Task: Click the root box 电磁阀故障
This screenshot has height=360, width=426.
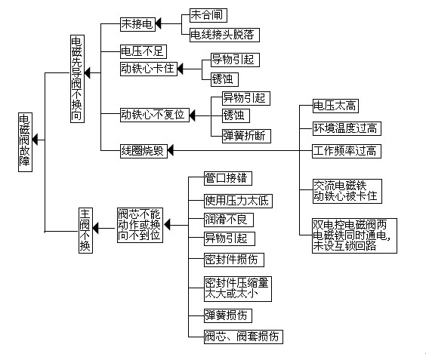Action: point(25,142)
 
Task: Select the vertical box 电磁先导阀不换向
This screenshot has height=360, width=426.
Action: point(78,78)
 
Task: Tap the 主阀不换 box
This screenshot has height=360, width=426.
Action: point(85,230)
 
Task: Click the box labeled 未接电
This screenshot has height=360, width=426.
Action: point(137,24)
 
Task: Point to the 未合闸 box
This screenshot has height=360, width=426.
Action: point(208,15)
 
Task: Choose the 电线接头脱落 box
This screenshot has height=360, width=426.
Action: point(224,35)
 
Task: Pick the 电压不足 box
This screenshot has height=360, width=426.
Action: point(144,51)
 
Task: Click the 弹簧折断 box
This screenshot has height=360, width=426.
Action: point(246,136)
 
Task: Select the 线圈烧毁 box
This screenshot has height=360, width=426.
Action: point(144,151)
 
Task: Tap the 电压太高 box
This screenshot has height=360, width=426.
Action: point(335,106)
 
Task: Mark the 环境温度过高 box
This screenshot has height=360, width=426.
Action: point(347,129)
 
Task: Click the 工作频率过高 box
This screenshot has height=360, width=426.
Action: point(347,151)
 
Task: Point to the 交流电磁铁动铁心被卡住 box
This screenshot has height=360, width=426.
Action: point(347,191)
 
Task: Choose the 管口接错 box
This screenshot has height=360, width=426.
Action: point(228,178)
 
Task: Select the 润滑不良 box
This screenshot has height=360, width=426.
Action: point(229,220)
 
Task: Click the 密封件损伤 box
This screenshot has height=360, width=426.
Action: point(234,260)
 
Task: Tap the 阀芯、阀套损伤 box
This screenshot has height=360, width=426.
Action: point(243,337)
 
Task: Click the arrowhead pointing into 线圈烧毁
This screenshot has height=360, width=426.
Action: point(171,151)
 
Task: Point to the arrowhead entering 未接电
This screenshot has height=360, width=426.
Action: point(159,23)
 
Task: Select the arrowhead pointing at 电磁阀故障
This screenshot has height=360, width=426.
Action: point(35,140)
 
